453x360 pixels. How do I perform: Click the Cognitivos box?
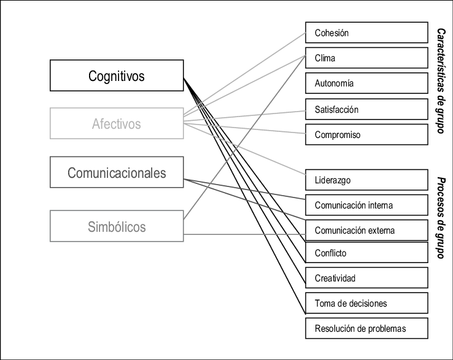(117, 76)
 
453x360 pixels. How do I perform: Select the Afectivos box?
(117, 124)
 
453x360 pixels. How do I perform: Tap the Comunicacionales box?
(117, 173)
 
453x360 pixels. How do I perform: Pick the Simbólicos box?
(117, 227)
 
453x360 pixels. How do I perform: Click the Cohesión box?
(366, 33)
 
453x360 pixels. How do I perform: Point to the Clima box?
(366, 58)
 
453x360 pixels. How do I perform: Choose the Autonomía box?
(366, 83)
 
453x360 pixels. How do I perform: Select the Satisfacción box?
(366, 109)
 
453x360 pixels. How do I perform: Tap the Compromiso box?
(366, 134)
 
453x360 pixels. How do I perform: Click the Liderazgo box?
(366, 180)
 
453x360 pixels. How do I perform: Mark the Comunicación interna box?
(366, 205)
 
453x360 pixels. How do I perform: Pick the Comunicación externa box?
(366, 231)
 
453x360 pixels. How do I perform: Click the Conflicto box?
(366, 253)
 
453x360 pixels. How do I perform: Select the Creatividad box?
(366, 278)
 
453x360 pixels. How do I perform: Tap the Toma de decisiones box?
(366, 303)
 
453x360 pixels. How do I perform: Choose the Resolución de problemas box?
(366, 328)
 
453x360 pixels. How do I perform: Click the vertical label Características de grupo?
(440, 81)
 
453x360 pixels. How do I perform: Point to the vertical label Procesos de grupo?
(440, 218)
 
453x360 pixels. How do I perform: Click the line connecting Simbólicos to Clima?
(246, 137)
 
